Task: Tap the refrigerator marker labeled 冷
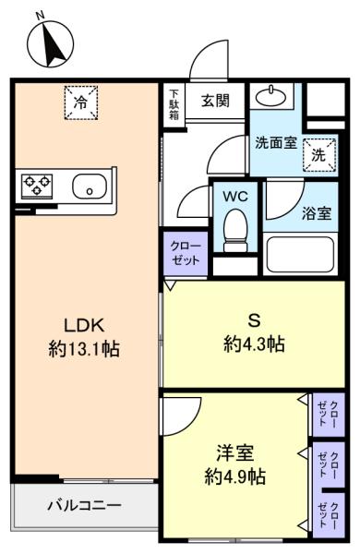(81, 102)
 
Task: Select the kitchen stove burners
(38, 185)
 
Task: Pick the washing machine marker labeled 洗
(319, 154)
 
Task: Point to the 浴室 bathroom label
(317, 213)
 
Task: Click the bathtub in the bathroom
(300, 254)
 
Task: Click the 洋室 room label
(235, 453)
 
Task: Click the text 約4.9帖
(235, 477)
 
